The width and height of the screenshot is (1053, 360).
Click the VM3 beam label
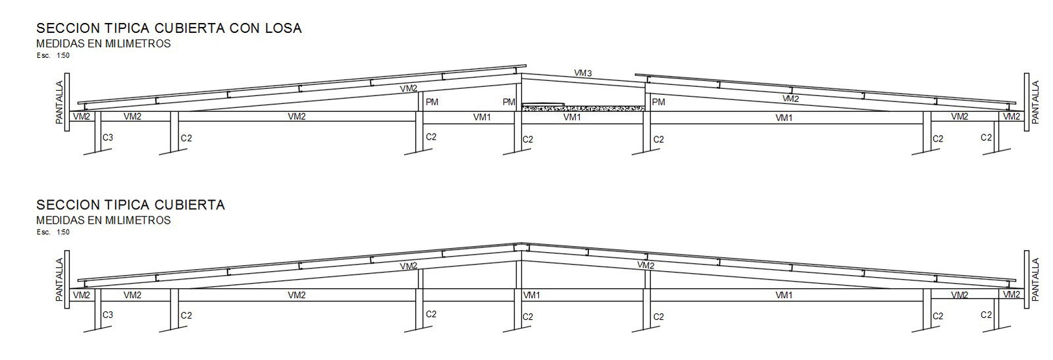582,73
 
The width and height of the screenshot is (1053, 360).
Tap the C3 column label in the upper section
108,138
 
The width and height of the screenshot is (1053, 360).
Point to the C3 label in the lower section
108,315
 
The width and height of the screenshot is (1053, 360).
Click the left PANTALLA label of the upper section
59,103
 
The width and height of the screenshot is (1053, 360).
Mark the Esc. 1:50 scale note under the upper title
53,55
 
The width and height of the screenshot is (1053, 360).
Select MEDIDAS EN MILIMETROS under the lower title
103,220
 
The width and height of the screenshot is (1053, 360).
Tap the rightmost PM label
658,102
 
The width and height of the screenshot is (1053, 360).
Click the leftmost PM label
432,102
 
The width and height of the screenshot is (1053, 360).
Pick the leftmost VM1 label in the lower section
532,295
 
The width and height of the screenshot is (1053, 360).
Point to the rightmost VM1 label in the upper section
783,118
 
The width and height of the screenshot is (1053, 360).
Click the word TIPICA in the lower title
116,205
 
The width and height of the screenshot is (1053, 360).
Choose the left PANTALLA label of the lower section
59,280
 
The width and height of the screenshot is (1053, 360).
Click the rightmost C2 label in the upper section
985,138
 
